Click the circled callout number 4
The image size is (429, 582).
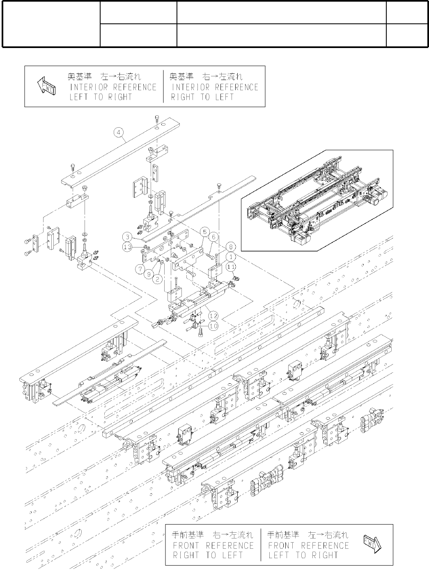click(118, 132)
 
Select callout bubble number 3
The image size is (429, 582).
click(128, 237)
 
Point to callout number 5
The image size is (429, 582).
click(204, 231)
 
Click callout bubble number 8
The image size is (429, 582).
click(231, 247)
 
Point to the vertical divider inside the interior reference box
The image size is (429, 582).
click(163, 86)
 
